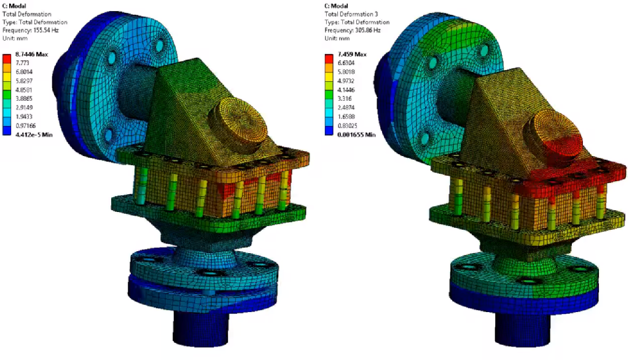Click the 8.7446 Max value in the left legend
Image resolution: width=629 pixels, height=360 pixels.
click(x=32, y=54)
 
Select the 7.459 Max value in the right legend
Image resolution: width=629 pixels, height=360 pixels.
click(x=352, y=54)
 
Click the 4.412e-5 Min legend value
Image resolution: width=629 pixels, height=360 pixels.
click(x=34, y=135)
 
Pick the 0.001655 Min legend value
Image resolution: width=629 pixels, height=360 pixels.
click(x=357, y=135)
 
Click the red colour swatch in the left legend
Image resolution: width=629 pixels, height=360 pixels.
click(x=7, y=58)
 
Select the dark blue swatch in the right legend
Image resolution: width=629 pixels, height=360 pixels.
click(x=329, y=130)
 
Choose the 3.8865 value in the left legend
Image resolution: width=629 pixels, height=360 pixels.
click(x=24, y=99)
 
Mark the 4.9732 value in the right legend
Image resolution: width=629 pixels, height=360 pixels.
click(x=346, y=81)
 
